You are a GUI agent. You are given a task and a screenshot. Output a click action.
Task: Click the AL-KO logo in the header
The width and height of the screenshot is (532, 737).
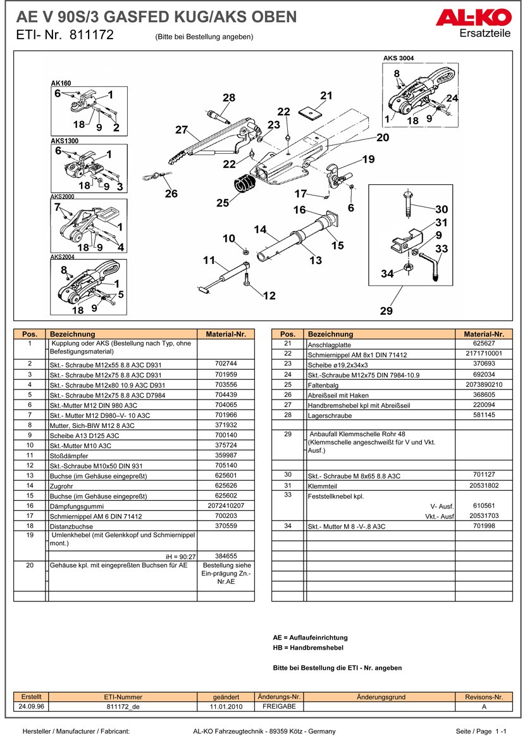pyautogui.click(x=474, y=18)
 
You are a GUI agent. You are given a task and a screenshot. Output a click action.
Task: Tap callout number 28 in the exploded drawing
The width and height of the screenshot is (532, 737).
pyautogui.click(x=228, y=98)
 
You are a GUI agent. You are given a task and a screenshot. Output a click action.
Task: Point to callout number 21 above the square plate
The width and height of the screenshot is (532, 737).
pyautogui.click(x=326, y=96)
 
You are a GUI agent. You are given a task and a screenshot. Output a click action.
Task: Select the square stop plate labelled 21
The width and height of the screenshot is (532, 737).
pyautogui.click(x=309, y=112)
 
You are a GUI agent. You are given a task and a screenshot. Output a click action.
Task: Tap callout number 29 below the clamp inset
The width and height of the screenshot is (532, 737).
pyautogui.click(x=386, y=311)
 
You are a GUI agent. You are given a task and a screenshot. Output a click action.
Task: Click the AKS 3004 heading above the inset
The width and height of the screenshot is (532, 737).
pyautogui.click(x=399, y=58)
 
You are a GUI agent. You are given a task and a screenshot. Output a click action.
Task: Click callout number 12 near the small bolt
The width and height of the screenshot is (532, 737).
pyautogui.click(x=269, y=295)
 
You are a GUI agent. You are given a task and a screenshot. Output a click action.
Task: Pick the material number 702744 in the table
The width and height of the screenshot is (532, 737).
pyautogui.click(x=226, y=364)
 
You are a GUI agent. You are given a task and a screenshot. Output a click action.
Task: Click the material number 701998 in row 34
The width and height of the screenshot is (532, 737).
pyautogui.click(x=484, y=526)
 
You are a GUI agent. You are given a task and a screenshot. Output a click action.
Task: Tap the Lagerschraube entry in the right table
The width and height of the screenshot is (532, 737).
pyautogui.click(x=326, y=415)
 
